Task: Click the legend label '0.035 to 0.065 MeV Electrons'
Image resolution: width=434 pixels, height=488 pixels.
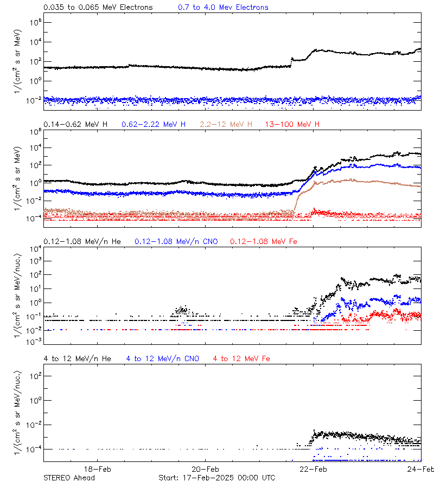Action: coord(98,8)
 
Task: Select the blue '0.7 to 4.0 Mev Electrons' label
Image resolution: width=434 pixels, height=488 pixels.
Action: coord(223,8)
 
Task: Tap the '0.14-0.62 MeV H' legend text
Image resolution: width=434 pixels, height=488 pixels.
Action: coord(75,125)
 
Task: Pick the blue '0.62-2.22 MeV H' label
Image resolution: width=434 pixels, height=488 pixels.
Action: coord(154,125)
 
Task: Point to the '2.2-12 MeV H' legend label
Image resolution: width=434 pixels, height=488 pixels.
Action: coord(226,125)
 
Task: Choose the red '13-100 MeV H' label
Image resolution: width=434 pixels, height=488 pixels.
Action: coord(292,125)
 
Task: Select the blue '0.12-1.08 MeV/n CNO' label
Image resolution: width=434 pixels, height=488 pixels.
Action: coord(176,241)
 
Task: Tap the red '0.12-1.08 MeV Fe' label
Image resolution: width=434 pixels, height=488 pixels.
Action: coord(264,241)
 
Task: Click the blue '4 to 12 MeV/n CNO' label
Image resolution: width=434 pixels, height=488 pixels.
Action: coord(162,358)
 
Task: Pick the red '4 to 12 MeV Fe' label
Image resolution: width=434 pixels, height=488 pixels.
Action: coord(241,358)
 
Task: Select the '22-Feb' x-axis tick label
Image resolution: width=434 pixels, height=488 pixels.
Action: coord(313,469)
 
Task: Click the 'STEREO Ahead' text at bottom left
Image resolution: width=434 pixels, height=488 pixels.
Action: coord(69,478)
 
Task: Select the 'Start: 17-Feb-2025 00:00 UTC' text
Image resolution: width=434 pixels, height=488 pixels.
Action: coord(216,478)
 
